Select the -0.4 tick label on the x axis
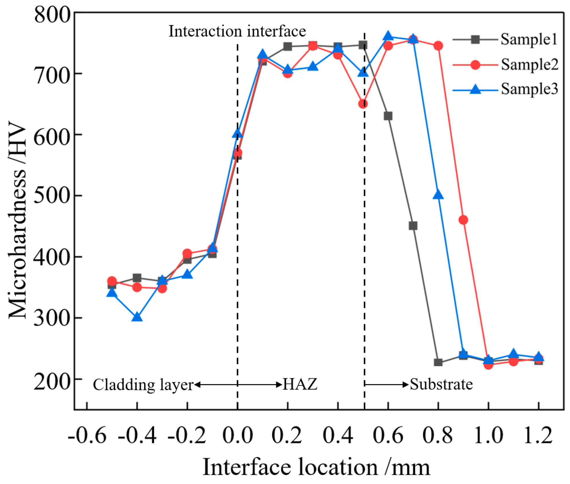tap(137, 435)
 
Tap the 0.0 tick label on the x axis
tap(237, 435)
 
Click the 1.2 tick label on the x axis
tap(538, 435)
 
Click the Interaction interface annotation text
tap(237, 31)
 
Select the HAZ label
tap(300, 384)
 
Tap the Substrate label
tap(441, 384)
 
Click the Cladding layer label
tap(143, 385)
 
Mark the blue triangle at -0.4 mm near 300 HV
tap(137, 317)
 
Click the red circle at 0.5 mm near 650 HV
tap(363, 104)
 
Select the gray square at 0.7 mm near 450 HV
tap(413, 226)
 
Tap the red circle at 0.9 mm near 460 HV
tap(463, 220)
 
